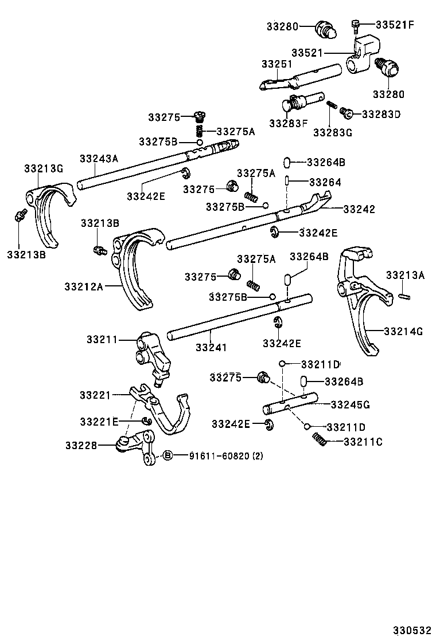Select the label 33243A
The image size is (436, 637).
coord(99,159)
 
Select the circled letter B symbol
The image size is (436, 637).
coord(168,455)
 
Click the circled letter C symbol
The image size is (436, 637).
coord(347,113)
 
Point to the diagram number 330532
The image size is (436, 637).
coord(411,630)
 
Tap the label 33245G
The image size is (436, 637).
coord(349,404)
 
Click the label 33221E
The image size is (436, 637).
coord(99,422)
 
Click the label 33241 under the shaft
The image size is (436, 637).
coord(212,347)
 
